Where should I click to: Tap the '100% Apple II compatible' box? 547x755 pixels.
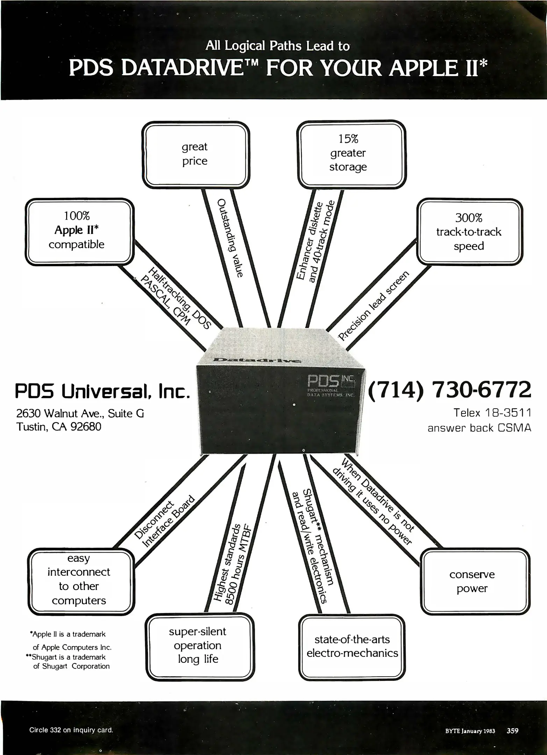[79, 231]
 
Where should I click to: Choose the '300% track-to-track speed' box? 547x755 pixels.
[469, 232]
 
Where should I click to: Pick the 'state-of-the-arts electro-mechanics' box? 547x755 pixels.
[352, 646]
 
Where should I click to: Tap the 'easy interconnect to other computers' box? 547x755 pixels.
[80, 579]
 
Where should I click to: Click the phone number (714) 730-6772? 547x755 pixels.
[449, 390]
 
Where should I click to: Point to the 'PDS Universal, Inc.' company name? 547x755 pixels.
[102, 392]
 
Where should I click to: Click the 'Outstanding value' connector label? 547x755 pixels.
[230, 238]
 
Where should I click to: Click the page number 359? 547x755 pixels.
[512, 731]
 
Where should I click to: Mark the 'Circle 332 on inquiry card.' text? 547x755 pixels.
[71, 730]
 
